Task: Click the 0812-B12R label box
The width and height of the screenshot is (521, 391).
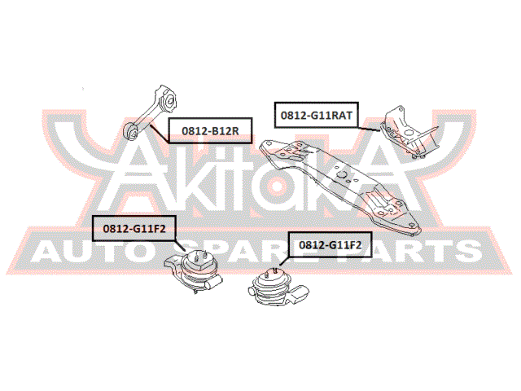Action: (210, 130)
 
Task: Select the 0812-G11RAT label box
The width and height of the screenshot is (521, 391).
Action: (317, 115)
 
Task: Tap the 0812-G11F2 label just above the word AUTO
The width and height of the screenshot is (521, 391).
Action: (134, 228)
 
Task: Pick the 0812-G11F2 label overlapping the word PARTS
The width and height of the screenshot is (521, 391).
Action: (330, 244)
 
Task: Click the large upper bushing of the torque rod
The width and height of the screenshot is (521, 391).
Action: (169, 100)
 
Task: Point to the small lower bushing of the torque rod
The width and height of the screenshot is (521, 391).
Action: (132, 132)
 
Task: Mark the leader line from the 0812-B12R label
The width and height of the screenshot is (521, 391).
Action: (160, 134)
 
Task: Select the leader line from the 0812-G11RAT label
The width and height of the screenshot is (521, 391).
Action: (369, 129)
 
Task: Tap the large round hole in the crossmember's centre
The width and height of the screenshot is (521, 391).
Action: (341, 174)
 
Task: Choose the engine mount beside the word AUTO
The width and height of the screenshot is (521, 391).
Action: (194, 272)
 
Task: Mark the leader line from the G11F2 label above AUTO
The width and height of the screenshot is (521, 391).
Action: (181, 246)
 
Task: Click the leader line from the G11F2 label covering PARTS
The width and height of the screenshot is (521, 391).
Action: (284, 261)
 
